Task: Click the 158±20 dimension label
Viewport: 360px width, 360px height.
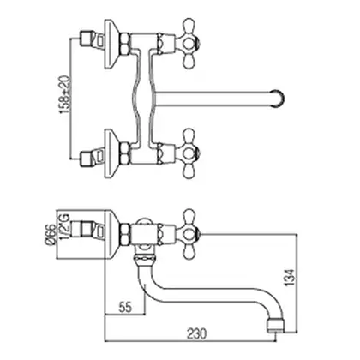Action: (x=65, y=94)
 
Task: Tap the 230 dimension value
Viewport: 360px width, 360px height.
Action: (x=196, y=333)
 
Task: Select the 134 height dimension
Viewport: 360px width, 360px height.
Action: (x=290, y=277)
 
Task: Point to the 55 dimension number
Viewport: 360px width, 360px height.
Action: (x=125, y=307)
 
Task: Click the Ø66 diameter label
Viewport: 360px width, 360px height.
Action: (x=51, y=234)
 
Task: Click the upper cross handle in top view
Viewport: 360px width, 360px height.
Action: (x=188, y=44)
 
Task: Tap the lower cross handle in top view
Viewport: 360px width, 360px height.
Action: (x=188, y=153)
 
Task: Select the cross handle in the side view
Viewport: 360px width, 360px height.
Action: (x=188, y=235)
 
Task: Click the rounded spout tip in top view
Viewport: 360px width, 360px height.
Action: (x=277, y=99)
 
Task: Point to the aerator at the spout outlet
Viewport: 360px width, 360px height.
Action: (x=275, y=325)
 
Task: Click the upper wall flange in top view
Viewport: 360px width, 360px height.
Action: (x=112, y=44)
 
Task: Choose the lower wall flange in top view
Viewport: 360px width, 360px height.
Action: (x=112, y=153)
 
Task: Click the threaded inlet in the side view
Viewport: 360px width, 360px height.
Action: (x=87, y=229)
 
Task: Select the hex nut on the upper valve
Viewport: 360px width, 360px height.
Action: (x=125, y=44)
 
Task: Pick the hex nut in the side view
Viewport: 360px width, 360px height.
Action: (x=125, y=235)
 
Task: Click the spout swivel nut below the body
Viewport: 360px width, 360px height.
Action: (x=145, y=259)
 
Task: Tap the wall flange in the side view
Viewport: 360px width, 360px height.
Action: (x=112, y=235)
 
